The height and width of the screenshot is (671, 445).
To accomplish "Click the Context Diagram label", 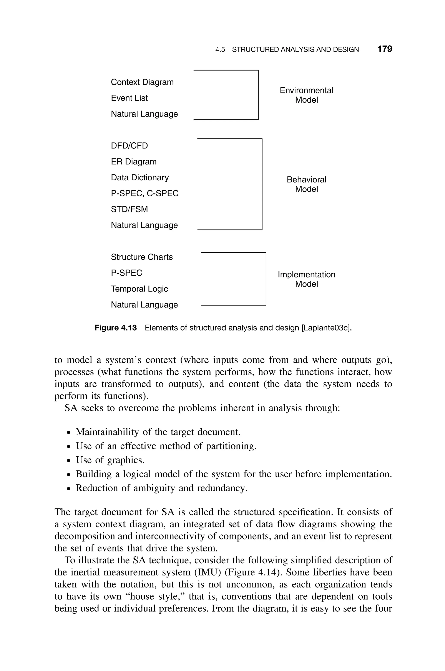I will (142, 82).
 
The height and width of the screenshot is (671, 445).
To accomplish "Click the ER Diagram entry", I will (134, 161).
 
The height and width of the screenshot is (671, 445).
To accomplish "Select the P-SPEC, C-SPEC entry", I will (145, 194).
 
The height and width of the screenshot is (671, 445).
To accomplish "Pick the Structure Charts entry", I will (142, 257).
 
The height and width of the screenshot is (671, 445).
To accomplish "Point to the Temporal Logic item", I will (139, 289).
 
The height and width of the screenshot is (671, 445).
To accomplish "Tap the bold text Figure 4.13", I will (116, 328).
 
